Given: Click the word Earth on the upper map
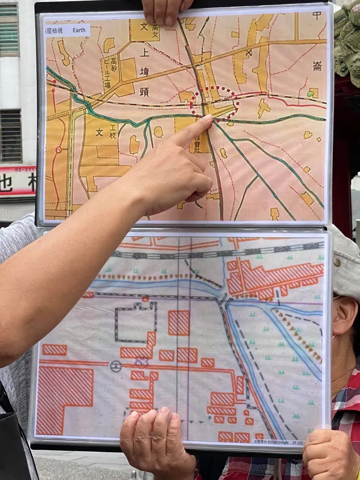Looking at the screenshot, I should (78, 30).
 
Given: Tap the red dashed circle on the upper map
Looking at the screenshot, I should (214, 103).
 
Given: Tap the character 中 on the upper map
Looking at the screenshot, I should (317, 15).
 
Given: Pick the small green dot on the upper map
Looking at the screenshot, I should (310, 93).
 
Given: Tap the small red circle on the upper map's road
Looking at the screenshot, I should (58, 150).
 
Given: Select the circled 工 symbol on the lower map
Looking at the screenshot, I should (115, 366).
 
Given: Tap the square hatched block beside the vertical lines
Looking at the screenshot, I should (179, 322).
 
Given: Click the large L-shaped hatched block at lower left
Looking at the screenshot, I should (64, 399).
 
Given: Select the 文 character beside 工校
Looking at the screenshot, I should (99, 132).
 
